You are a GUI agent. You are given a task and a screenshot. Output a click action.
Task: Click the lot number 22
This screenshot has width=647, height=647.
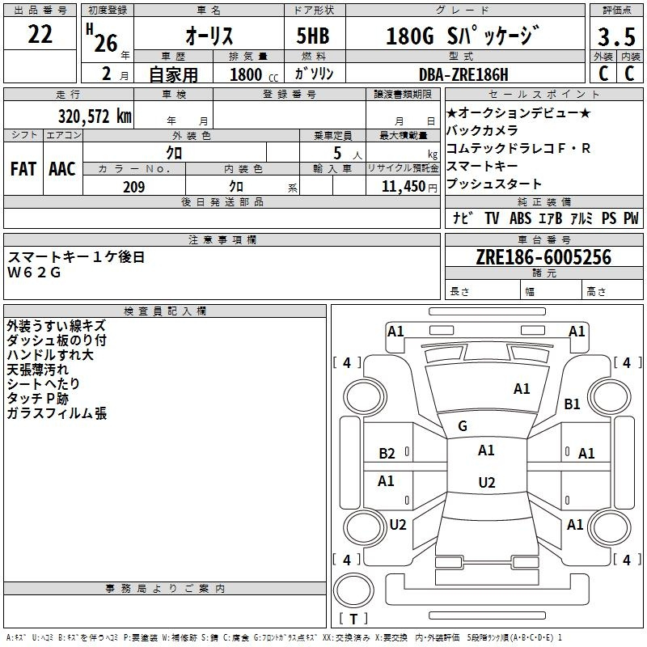[x=40, y=34]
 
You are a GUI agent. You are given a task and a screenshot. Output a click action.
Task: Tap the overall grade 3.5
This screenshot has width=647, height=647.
[x=616, y=36]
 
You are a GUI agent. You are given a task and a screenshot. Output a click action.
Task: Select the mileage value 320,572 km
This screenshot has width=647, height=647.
[x=95, y=116]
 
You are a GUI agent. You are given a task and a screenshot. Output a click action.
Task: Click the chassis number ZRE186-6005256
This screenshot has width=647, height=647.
[x=543, y=257]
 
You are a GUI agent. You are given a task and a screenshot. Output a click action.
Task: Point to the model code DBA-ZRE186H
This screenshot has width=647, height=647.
[x=463, y=74]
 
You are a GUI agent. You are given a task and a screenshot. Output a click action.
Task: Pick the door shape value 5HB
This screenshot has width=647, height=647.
[x=313, y=36]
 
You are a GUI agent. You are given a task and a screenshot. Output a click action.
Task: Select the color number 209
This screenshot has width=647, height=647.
[x=133, y=187]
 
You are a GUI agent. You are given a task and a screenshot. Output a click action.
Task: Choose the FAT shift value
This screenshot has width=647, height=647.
[x=23, y=169]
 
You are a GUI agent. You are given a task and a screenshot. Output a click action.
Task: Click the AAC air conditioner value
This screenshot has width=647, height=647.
[x=62, y=169]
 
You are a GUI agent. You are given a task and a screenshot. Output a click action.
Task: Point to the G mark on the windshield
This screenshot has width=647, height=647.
[x=463, y=426]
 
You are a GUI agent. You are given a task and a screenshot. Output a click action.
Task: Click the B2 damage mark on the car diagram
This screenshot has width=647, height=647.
[x=387, y=454]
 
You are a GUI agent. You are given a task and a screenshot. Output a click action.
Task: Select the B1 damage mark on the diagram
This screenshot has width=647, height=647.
[x=572, y=404]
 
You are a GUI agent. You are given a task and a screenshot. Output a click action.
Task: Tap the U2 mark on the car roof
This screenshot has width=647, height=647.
[x=487, y=482]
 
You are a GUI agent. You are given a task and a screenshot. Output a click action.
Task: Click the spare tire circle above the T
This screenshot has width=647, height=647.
[x=353, y=590]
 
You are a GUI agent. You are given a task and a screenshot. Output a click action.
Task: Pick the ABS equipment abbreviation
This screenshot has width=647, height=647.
[x=520, y=218]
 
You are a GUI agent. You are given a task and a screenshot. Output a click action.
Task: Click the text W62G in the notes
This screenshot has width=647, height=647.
[x=34, y=273]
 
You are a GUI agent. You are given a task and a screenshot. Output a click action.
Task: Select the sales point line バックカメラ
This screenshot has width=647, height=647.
[x=482, y=131]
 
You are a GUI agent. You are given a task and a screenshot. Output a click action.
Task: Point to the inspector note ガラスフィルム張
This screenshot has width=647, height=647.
[x=57, y=413]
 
